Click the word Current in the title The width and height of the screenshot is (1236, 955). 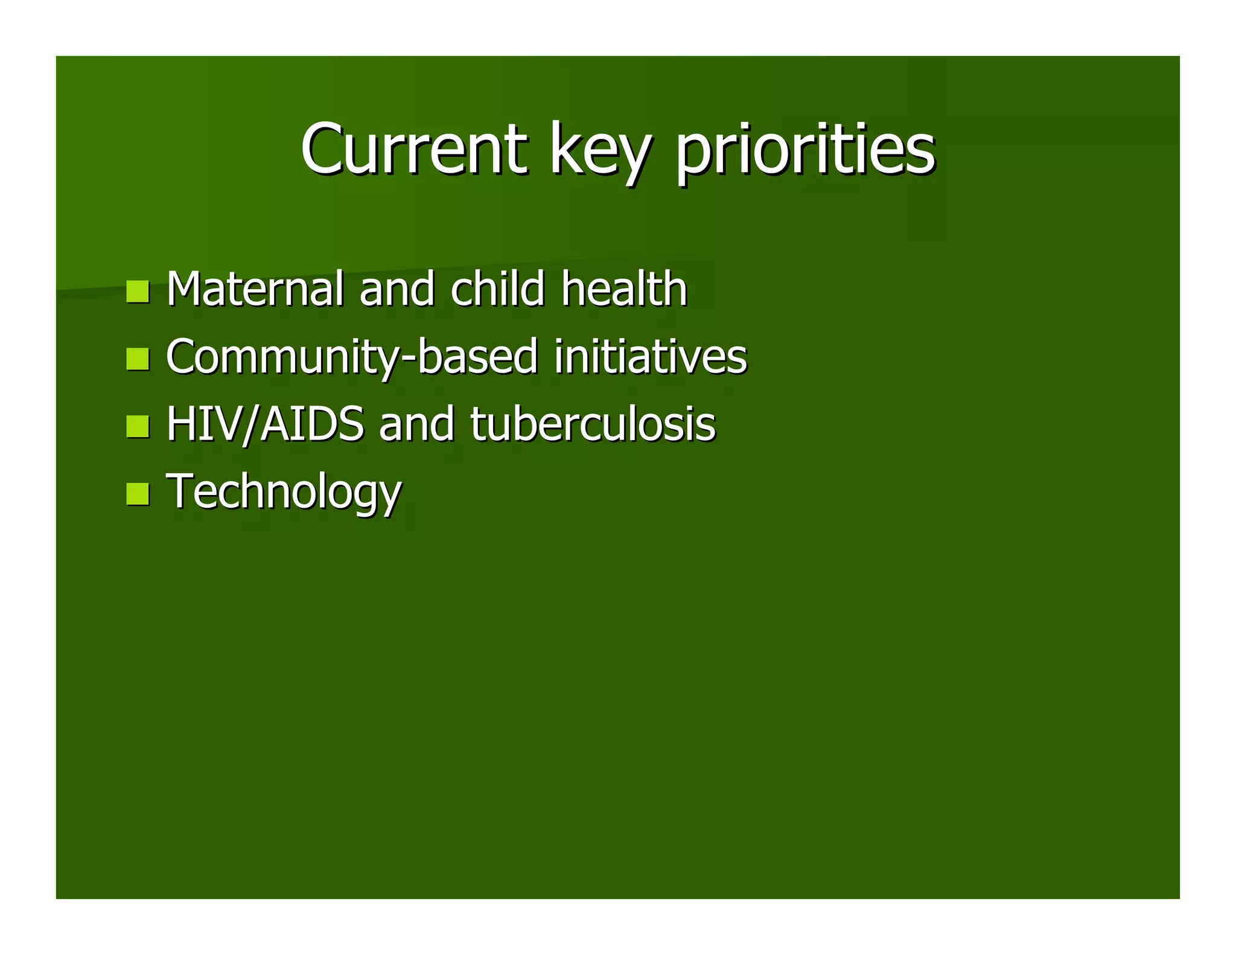[414, 149]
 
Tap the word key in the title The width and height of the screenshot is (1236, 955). [600, 151]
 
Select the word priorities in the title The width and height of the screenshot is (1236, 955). [805, 151]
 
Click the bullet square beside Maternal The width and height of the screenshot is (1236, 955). [138, 292]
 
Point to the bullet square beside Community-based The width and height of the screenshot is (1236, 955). [138, 359]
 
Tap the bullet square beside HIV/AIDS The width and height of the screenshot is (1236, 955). [138, 426]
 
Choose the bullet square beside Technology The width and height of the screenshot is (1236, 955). [138, 493]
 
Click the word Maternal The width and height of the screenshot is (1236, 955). [255, 289]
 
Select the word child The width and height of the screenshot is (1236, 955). [498, 289]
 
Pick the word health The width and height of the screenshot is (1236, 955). [624, 289]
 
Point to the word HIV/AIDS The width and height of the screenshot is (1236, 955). [266, 424]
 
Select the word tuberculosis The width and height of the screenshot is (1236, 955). [592, 424]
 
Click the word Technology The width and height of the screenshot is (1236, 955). [284, 493]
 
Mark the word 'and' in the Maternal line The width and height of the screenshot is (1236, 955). [397, 289]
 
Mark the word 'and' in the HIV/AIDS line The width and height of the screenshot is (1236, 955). [416, 424]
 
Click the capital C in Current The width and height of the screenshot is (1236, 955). [325, 149]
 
